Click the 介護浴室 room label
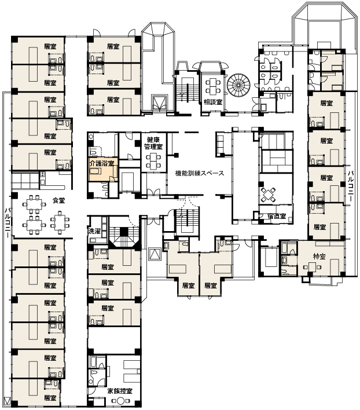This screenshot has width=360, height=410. [102, 164]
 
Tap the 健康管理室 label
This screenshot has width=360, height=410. [153, 143]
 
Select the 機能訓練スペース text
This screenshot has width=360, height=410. [200, 173]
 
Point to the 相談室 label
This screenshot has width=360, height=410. [213, 103]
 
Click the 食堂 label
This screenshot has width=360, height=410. [58, 200]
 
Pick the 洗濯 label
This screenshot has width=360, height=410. [94, 231]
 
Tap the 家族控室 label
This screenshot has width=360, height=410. [120, 391]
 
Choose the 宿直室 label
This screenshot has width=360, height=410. [277, 216]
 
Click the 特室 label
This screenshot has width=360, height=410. [319, 256]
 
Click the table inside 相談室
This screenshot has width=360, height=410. [212, 86]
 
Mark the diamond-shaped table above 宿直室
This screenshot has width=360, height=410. [268, 195]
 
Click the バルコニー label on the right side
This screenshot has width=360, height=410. [351, 186]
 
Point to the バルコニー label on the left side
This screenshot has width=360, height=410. [8, 222]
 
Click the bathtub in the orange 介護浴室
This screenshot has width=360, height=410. [95, 171]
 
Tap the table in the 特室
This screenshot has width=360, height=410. [312, 268]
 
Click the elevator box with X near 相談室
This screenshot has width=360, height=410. [159, 104]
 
